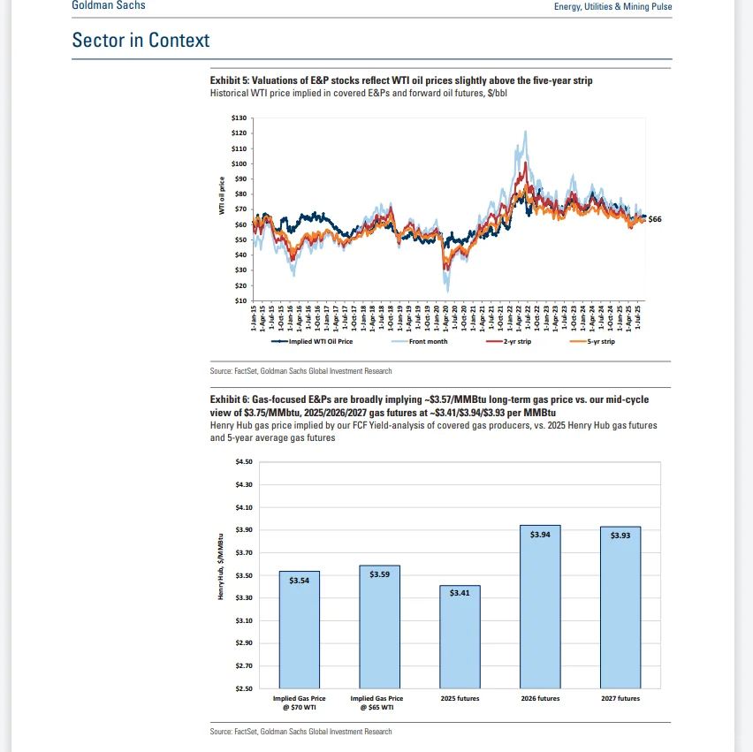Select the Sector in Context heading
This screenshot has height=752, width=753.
(x=141, y=41)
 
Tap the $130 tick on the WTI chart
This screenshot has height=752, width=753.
(x=239, y=118)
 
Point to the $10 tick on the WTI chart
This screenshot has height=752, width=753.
(x=240, y=300)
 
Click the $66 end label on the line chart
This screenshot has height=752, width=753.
(x=655, y=218)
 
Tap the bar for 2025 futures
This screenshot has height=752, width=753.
(x=460, y=636)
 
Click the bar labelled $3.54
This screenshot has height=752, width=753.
(x=299, y=629)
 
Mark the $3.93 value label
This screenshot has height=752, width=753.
(x=620, y=536)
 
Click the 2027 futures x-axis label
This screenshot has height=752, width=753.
(x=620, y=698)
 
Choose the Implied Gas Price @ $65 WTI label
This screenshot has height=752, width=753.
(x=379, y=702)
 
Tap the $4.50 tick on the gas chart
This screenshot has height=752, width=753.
(x=243, y=462)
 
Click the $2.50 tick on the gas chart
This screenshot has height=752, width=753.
(x=243, y=688)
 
